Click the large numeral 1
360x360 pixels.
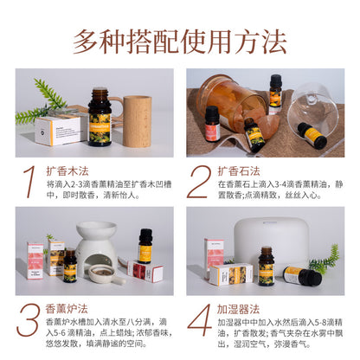31,181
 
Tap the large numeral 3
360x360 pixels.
29,318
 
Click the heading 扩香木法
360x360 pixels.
66,170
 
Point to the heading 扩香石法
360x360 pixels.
236,170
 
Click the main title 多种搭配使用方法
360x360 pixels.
179,40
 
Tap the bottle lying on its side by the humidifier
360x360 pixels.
298,275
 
